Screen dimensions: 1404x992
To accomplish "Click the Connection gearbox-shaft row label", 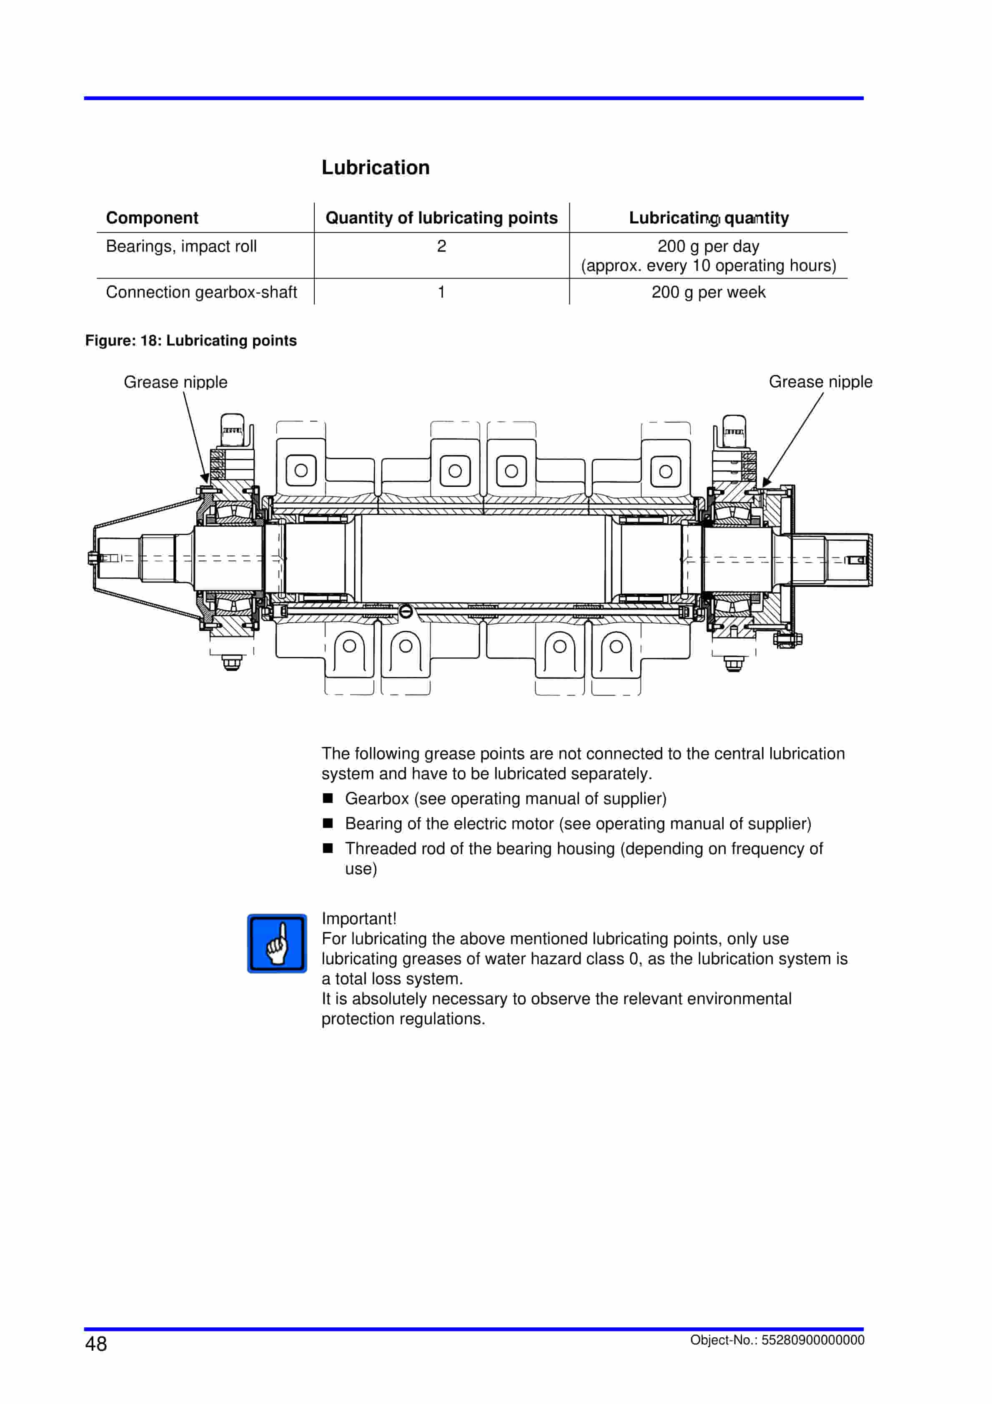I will point(201,292).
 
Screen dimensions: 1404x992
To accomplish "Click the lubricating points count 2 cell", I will point(441,246).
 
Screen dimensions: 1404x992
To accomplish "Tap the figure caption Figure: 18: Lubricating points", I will point(191,341).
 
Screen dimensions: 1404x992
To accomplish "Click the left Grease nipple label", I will point(175,382).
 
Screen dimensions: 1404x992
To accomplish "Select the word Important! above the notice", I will point(358,918).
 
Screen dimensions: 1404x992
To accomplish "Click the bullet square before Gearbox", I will point(328,798).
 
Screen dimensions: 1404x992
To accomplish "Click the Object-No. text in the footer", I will point(777,1340).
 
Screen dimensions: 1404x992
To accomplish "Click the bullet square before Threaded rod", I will point(328,848).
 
